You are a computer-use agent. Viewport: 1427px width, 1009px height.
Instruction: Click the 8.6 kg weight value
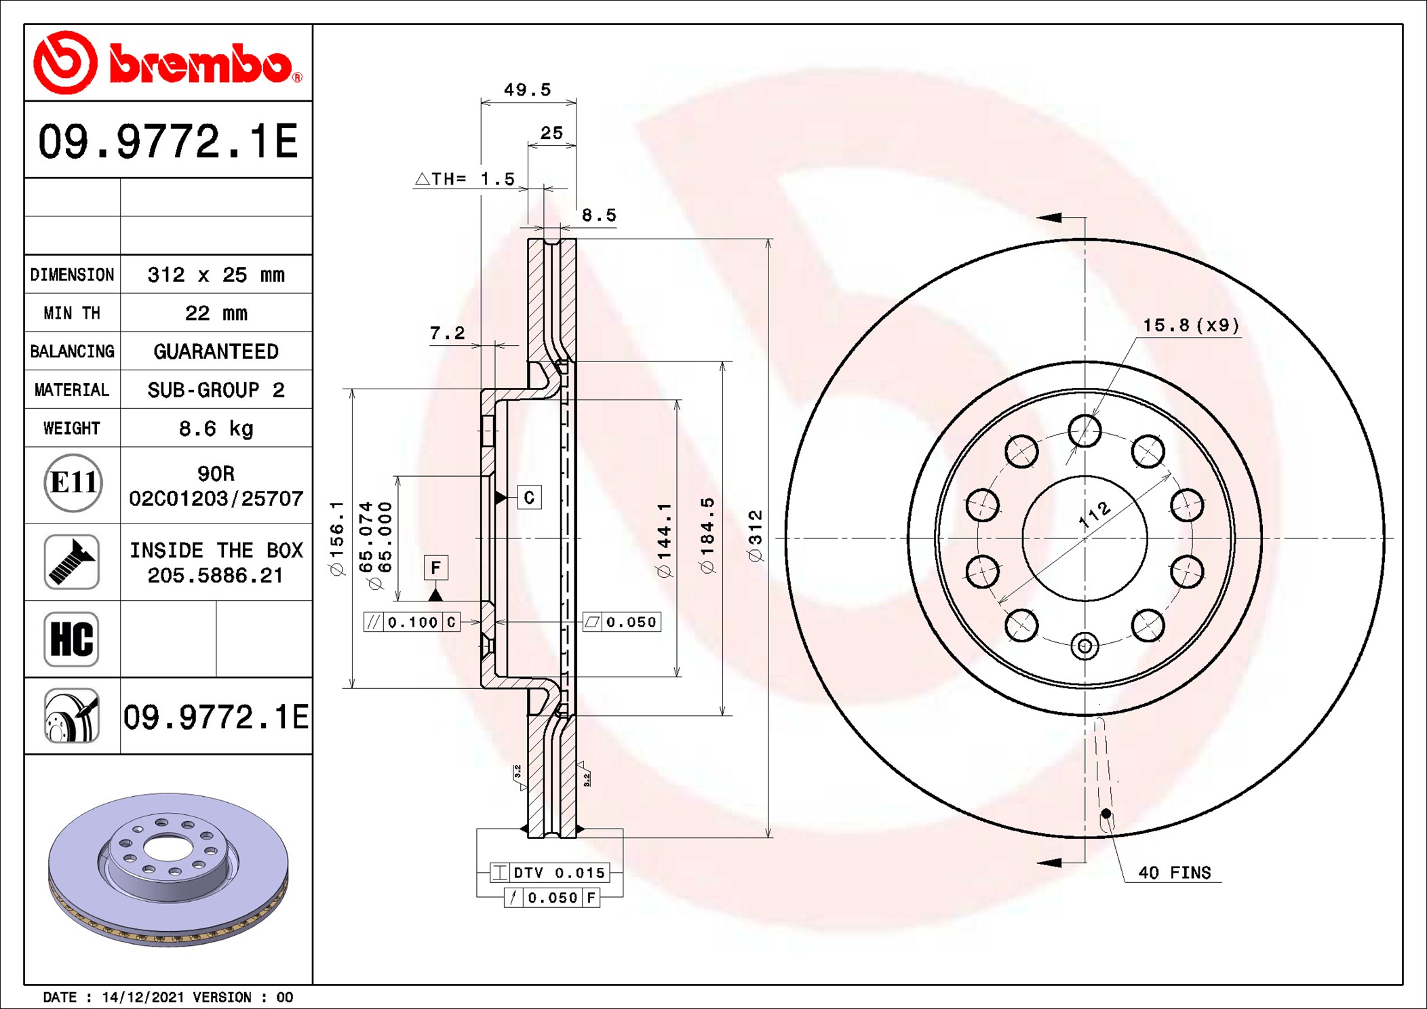tap(216, 429)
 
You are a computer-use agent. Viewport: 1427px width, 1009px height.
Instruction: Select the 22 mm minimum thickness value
tap(216, 313)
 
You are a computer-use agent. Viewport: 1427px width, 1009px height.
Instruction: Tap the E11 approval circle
tap(73, 483)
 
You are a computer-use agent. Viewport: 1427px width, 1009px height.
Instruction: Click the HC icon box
tap(72, 639)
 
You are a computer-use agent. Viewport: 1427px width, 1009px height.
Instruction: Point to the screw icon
tap(72, 561)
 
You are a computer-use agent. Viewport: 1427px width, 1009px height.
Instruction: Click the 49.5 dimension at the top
tap(527, 90)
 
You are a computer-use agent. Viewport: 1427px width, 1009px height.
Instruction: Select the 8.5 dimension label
tap(599, 215)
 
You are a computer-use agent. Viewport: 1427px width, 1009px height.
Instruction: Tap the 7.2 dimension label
tap(448, 333)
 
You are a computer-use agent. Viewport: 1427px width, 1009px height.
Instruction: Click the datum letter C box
tap(529, 497)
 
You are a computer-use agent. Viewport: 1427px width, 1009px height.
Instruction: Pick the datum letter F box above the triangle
tap(435, 567)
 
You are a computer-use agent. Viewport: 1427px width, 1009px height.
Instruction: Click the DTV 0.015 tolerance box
tap(549, 873)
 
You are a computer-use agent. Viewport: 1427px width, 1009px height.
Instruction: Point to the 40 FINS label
tap(1174, 872)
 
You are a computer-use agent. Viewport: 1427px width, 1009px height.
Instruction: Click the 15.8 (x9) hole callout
tap(1191, 325)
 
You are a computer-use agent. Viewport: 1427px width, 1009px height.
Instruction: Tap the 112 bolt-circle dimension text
tap(1095, 514)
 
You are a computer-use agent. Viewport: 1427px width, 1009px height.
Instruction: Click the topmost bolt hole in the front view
tap(1084, 431)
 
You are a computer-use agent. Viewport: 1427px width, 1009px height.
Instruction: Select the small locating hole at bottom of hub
tap(1084, 646)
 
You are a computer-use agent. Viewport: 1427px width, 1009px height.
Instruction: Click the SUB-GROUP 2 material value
tap(216, 390)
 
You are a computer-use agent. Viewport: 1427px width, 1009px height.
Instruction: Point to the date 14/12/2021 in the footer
tap(142, 997)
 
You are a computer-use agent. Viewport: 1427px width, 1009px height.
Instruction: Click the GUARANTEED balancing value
tap(216, 351)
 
